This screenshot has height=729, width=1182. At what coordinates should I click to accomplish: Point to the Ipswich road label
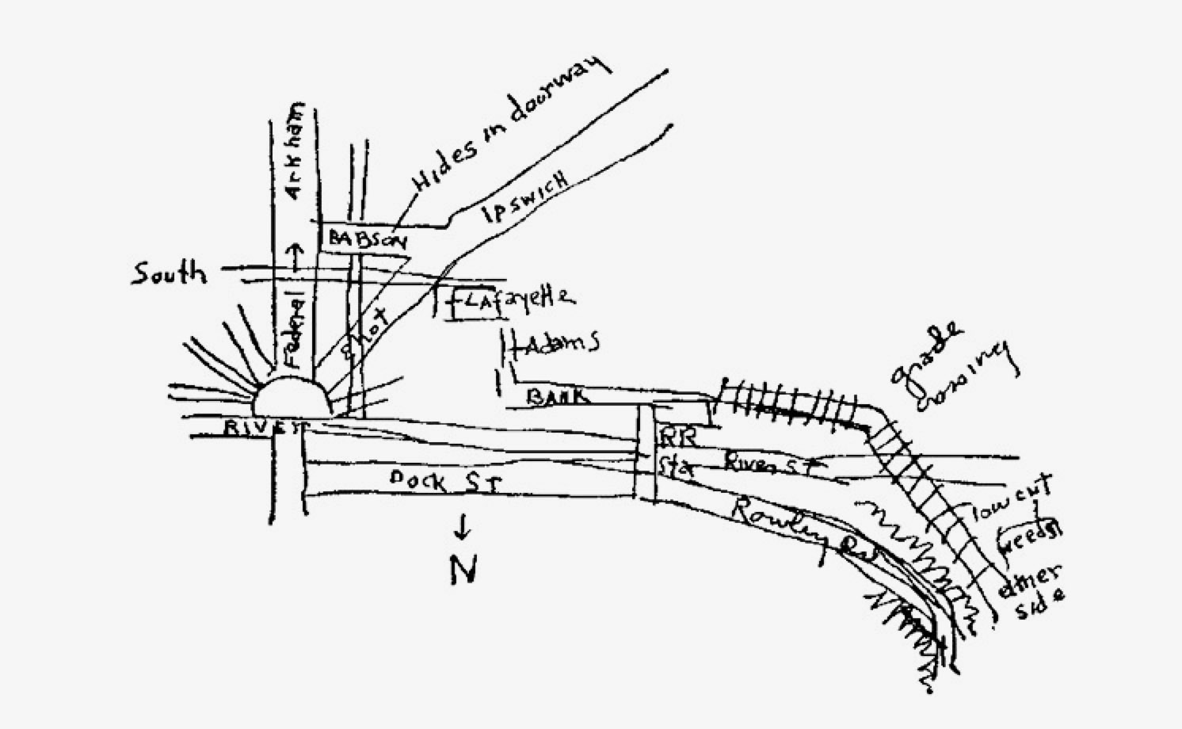[x=525, y=197]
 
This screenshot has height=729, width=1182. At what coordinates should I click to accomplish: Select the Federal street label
[x=294, y=330]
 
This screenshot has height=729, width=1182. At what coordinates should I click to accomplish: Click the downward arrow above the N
[x=463, y=525]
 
